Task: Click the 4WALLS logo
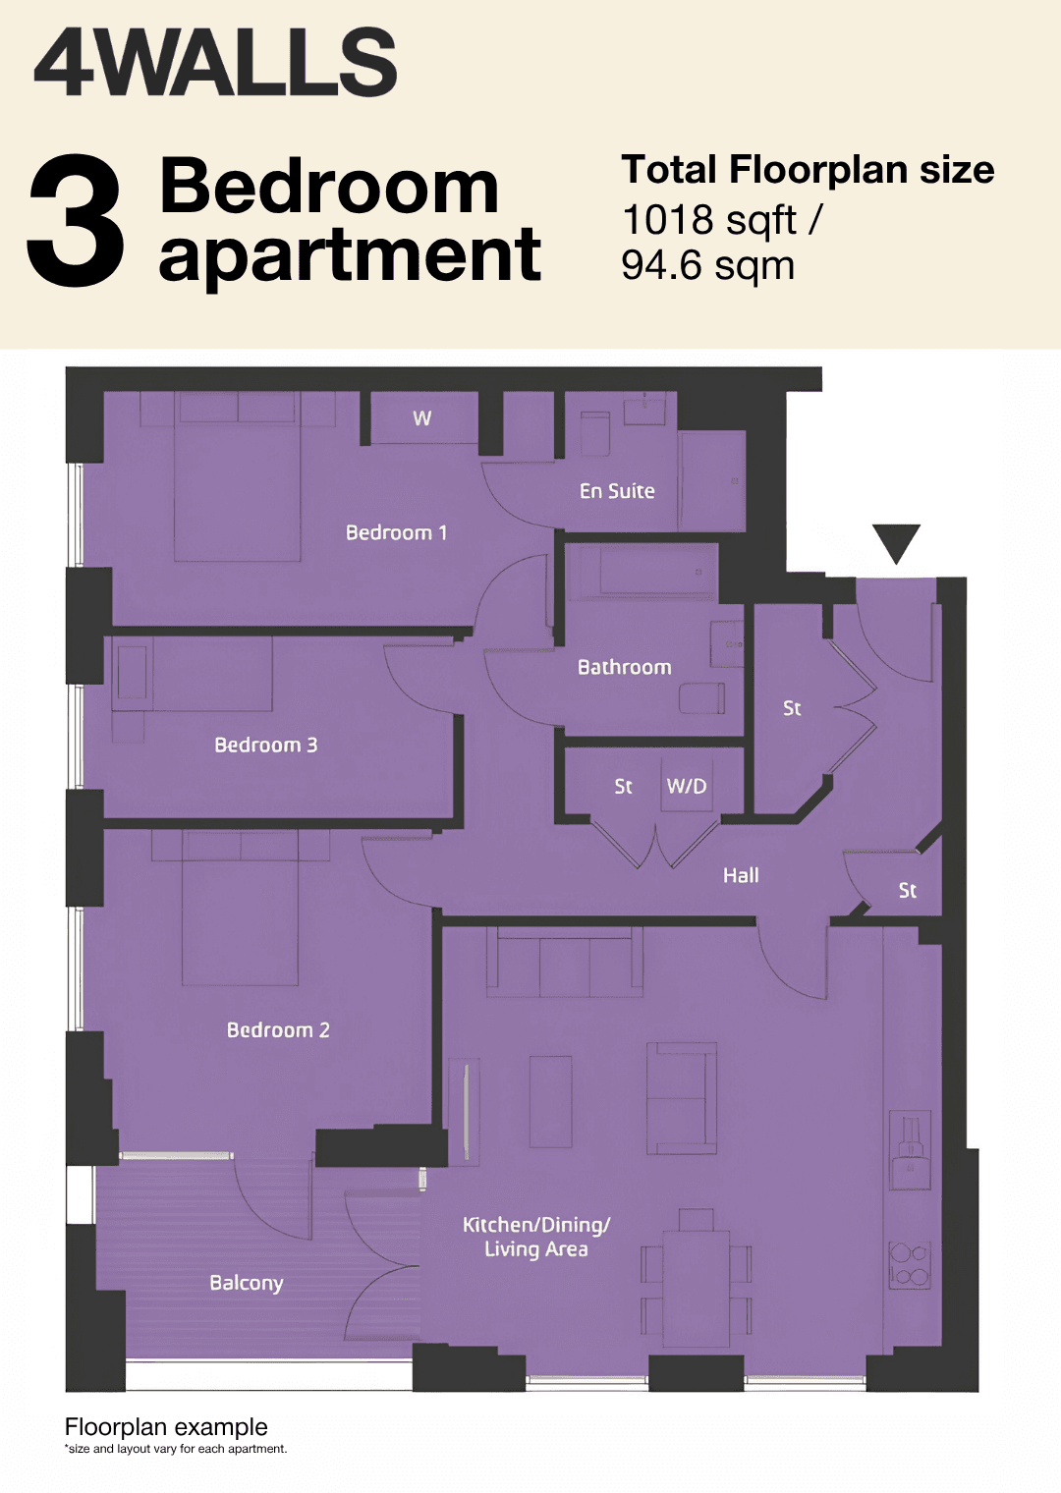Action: [215, 63]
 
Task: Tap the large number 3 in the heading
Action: [76, 221]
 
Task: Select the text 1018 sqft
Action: [709, 221]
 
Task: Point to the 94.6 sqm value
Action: [707, 266]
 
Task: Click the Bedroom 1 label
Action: [396, 532]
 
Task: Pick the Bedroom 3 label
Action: [266, 745]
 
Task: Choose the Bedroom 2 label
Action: [278, 1029]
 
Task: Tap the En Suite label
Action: [617, 491]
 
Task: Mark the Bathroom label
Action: [625, 667]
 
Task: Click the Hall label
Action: [741, 875]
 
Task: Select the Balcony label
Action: [247, 1283]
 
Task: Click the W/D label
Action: [687, 787]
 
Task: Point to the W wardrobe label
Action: [421, 417]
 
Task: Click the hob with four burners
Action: [911, 1264]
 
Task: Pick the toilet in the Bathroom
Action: [701, 697]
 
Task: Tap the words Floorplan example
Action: [166, 1427]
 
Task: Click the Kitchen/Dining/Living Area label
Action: [536, 1237]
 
